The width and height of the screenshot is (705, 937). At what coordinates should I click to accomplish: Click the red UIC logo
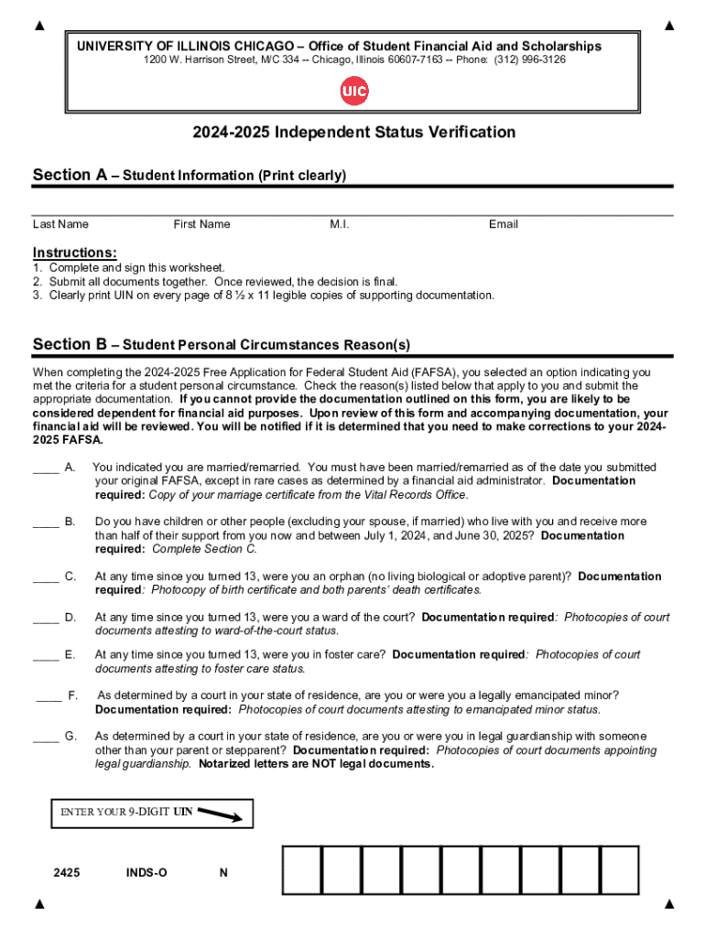pyautogui.click(x=353, y=92)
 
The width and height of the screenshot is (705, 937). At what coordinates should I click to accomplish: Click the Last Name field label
pyautogui.click(x=60, y=224)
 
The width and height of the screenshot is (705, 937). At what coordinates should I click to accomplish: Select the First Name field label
pyautogui.click(x=201, y=224)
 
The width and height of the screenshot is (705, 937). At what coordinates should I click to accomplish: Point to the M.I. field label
pyautogui.click(x=340, y=224)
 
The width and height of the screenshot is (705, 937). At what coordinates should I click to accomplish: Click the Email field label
pyautogui.click(x=503, y=224)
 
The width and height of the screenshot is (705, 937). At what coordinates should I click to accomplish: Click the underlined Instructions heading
pyautogui.click(x=74, y=253)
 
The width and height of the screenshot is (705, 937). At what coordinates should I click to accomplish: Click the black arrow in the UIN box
pyautogui.click(x=220, y=813)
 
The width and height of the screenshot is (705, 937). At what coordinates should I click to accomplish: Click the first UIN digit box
pyautogui.click(x=301, y=869)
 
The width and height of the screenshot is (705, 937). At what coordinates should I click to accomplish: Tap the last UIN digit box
pyautogui.click(x=619, y=869)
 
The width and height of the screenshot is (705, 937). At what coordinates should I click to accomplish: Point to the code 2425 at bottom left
pyautogui.click(x=67, y=873)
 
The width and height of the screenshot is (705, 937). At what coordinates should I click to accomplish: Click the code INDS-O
pyautogui.click(x=146, y=873)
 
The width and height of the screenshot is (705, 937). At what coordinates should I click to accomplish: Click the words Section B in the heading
pyautogui.click(x=70, y=345)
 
